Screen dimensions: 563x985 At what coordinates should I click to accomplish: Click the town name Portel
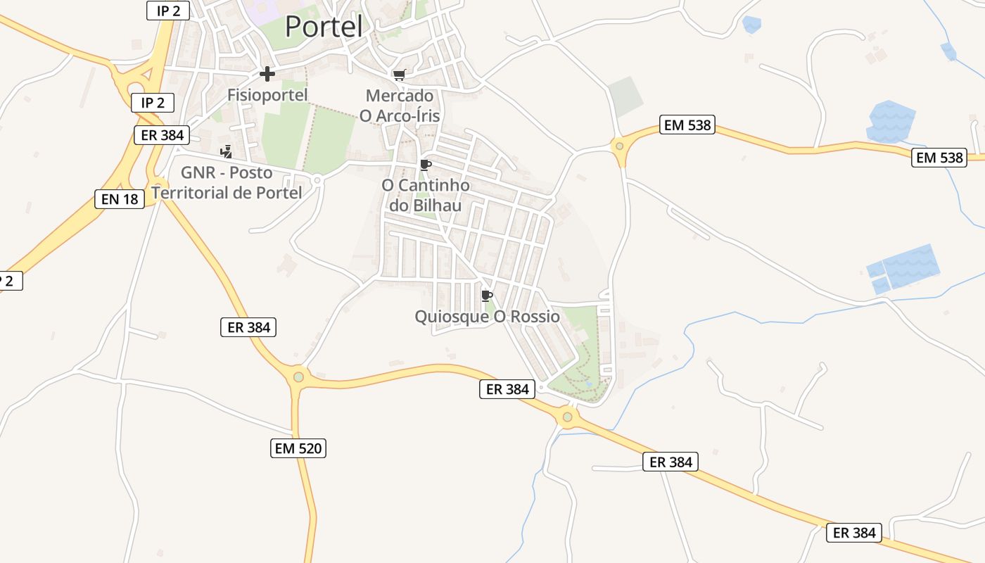click(324, 27)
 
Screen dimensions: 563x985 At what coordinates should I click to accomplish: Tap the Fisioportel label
click(267, 94)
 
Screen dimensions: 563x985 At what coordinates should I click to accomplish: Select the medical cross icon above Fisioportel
click(267, 74)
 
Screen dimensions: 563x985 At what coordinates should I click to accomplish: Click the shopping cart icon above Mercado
click(400, 75)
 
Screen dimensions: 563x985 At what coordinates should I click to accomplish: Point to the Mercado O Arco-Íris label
click(400, 106)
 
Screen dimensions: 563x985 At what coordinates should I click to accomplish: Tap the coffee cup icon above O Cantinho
click(425, 165)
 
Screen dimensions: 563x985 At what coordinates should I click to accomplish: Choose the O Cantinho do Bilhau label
click(425, 196)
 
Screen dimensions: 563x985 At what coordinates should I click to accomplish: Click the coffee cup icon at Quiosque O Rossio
click(486, 296)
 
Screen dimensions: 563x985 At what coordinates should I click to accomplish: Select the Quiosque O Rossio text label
click(487, 317)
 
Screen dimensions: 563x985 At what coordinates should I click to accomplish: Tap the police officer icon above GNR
click(226, 151)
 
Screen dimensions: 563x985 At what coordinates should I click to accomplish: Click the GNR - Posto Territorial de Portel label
click(227, 182)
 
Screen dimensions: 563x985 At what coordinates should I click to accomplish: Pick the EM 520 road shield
click(298, 448)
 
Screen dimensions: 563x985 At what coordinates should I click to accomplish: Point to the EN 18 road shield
click(120, 199)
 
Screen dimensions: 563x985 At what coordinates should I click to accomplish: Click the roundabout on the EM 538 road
click(619, 146)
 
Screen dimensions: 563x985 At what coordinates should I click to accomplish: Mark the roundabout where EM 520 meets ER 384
click(298, 377)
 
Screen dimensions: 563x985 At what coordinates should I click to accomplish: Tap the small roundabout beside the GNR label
click(317, 180)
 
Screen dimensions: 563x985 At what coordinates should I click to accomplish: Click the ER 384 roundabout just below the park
click(568, 418)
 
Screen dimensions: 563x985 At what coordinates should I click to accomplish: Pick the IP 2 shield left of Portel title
click(168, 11)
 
